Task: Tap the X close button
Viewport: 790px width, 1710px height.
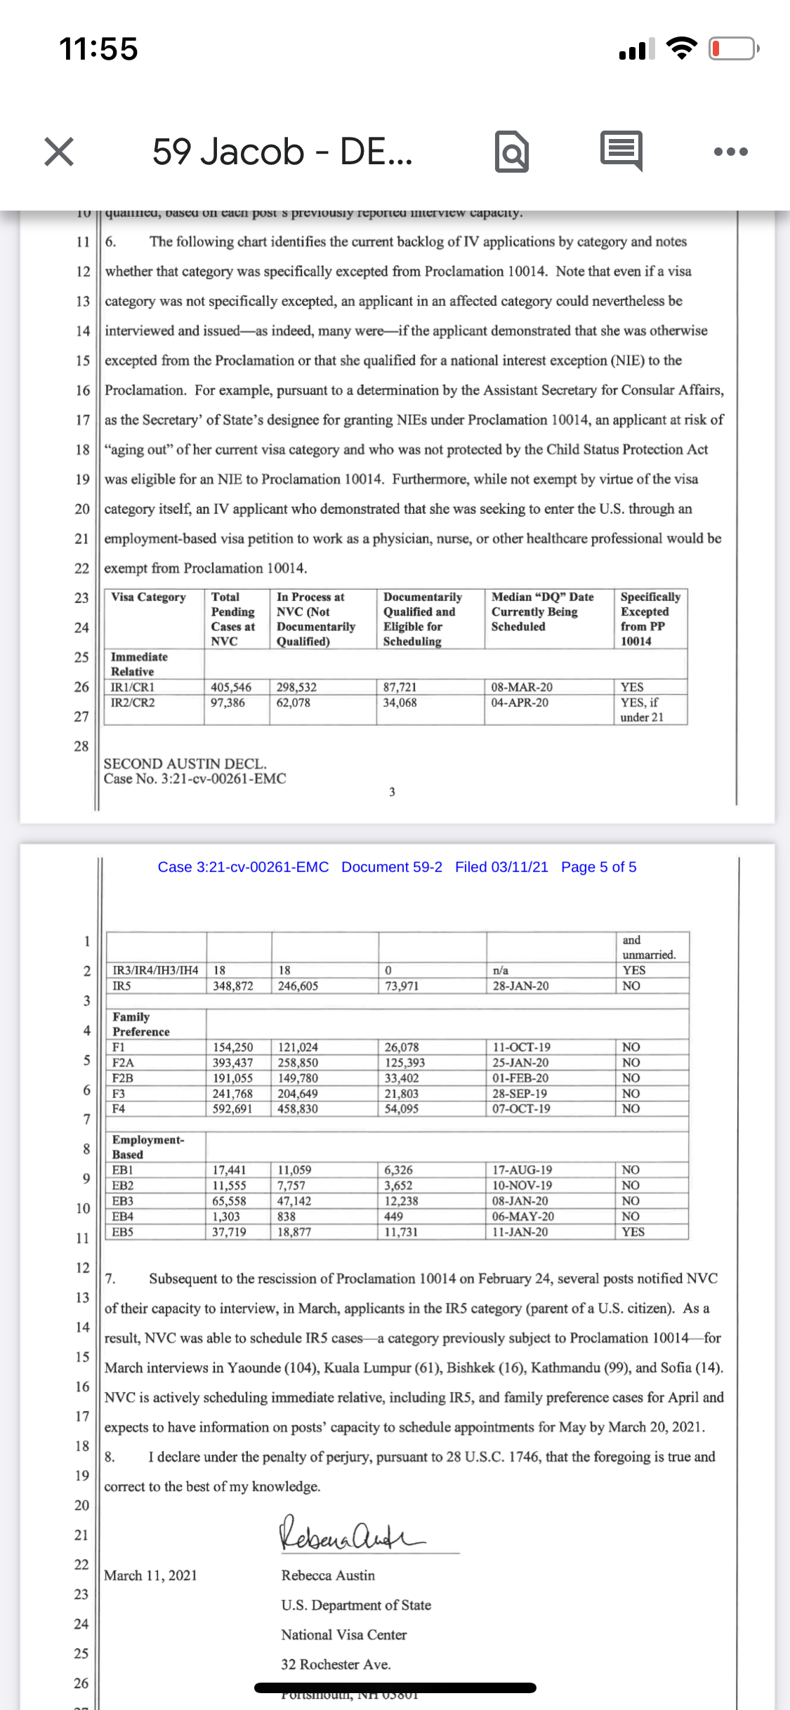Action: pyautogui.click(x=59, y=152)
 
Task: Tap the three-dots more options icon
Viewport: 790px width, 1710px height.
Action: pyautogui.click(x=730, y=152)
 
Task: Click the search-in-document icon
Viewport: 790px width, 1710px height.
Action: pyautogui.click(x=512, y=152)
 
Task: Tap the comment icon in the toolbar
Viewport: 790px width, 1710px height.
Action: pyautogui.click(x=621, y=150)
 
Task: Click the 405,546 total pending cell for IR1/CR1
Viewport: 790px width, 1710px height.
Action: pyautogui.click(x=231, y=687)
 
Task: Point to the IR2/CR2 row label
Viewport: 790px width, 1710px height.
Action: pyautogui.click(x=133, y=703)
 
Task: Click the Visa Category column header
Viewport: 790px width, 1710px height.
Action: pyautogui.click(x=148, y=597)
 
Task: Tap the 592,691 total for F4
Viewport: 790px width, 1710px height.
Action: pyautogui.click(x=232, y=1109)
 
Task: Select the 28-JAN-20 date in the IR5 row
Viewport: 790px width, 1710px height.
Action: pyautogui.click(x=520, y=986)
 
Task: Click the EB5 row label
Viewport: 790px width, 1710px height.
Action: pyautogui.click(x=123, y=1232)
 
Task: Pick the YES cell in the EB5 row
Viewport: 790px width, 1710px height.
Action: pyautogui.click(x=633, y=1232)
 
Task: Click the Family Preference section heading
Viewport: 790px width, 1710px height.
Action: pyautogui.click(x=140, y=1024)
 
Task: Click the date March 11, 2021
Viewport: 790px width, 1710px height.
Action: pyautogui.click(x=150, y=1575)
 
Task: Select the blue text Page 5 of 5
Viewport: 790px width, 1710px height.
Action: pyautogui.click(x=598, y=867)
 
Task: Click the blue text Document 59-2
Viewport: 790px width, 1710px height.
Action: pyautogui.click(x=392, y=867)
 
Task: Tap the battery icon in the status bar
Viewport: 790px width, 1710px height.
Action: pyautogui.click(x=733, y=49)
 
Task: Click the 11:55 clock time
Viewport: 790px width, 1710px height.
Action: pyautogui.click(x=98, y=49)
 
